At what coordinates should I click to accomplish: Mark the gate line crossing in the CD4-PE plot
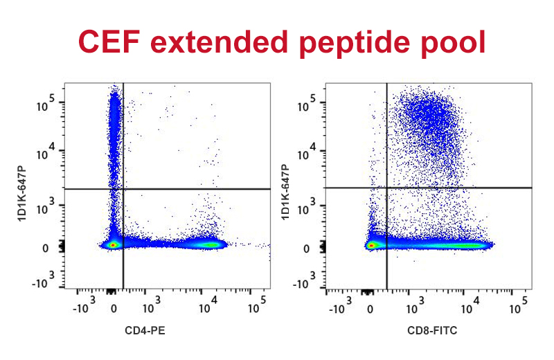[123, 188]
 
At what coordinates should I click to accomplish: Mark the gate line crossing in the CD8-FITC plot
[386, 188]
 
